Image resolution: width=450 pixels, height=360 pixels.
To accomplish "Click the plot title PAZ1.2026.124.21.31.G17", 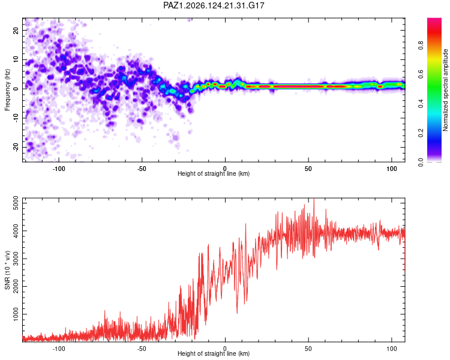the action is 214,5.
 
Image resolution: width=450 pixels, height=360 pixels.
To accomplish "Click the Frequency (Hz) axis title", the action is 7,90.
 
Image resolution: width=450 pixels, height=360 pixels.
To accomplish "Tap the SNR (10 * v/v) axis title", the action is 7,270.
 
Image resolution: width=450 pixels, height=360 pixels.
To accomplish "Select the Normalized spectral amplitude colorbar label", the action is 445,90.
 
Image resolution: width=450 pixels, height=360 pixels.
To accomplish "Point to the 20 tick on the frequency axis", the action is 16,30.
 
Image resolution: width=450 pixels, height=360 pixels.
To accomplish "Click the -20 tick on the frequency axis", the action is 16,148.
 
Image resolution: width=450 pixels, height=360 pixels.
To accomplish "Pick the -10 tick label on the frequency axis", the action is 16,118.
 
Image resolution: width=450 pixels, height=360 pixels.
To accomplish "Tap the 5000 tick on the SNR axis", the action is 16,203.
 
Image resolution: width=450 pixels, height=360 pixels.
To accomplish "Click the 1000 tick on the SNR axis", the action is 16,314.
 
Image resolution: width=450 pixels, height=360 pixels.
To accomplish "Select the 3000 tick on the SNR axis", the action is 16,259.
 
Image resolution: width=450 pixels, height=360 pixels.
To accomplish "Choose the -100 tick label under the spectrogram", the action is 59,169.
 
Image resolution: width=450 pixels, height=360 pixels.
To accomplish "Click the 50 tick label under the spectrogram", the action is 308,169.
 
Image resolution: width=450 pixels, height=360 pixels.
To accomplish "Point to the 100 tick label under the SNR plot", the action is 391,349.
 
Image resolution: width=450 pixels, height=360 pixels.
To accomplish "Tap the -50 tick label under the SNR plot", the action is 142,349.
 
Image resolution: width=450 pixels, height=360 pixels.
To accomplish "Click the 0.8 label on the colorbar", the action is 421,45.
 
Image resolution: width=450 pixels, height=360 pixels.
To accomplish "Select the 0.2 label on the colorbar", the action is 421,133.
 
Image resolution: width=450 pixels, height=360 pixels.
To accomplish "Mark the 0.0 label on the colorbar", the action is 421,162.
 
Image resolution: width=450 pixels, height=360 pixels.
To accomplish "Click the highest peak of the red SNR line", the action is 314,199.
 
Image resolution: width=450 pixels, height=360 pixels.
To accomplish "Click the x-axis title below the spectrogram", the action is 214,173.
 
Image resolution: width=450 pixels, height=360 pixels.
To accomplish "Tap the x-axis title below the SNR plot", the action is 214,353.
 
